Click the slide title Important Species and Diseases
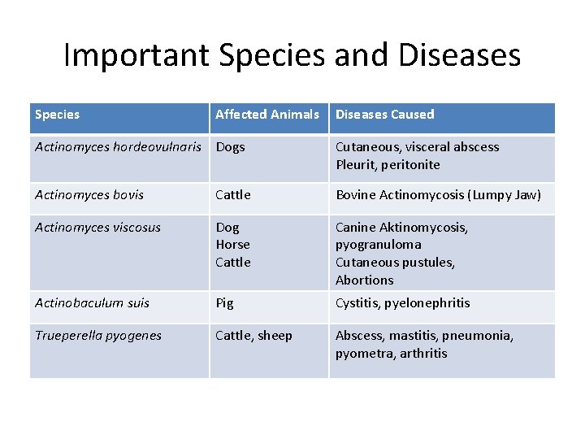click(x=292, y=55)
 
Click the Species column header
click(x=58, y=115)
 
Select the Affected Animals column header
click(x=267, y=115)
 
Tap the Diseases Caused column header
click(x=385, y=115)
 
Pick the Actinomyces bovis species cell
click(x=89, y=195)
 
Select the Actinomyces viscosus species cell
click(x=97, y=228)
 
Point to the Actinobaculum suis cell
click(x=92, y=303)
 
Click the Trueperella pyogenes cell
click(x=98, y=336)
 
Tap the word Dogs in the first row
click(x=230, y=147)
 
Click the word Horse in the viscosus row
click(x=232, y=245)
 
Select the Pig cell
click(x=224, y=303)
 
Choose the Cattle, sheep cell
click(x=253, y=336)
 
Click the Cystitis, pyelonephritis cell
click(x=403, y=303)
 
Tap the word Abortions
click(x=364, y=280)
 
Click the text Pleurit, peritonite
click(x=388, y=165)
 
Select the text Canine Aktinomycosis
click(x=401, y=228)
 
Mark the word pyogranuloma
click(x=378, y=245)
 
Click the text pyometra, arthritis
click(x=392, y=354)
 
